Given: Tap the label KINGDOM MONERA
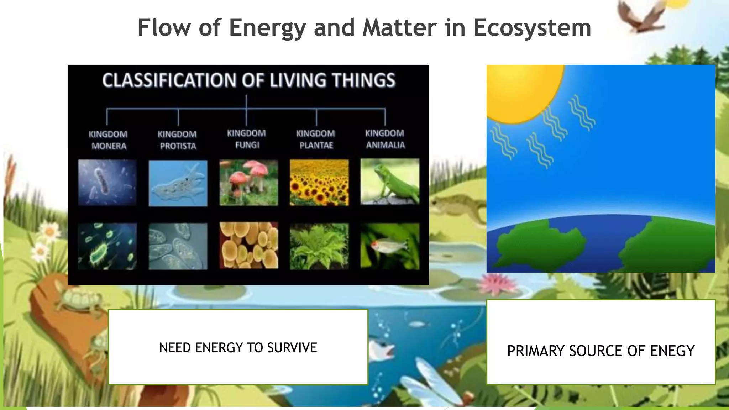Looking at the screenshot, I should coord(108,140).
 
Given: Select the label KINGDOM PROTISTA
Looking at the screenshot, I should coord(177,140).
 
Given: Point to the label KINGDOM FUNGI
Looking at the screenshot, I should coord(246,139).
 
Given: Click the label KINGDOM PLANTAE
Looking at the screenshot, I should coord(316,139).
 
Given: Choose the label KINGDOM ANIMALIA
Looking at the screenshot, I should coord(385,139).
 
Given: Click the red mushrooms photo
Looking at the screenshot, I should coord(248,182).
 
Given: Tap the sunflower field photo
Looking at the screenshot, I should coord(319,182).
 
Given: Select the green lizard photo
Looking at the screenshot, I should coord(390,182).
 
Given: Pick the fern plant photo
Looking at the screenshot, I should coord(319,246).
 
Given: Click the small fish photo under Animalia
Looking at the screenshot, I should coord(390,246).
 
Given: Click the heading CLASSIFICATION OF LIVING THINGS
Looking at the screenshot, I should coord(248,80).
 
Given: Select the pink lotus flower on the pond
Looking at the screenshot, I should coord(498,285).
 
